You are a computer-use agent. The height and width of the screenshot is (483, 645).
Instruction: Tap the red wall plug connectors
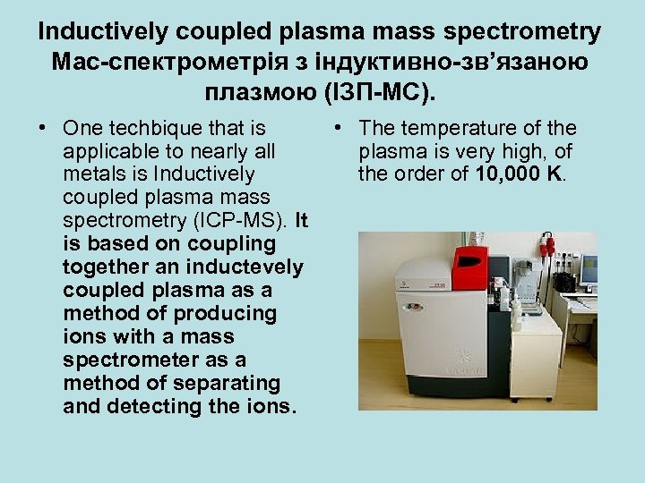(x=548, y=246)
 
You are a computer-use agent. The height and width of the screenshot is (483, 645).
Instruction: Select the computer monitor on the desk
(x=588, y=269)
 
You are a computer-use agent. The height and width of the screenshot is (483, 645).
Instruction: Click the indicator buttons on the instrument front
(x=413, y=306)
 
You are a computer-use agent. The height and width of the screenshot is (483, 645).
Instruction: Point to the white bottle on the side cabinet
(x=516, y=318)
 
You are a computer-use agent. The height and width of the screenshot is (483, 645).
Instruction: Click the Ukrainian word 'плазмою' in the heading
(x=256, y=90)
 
